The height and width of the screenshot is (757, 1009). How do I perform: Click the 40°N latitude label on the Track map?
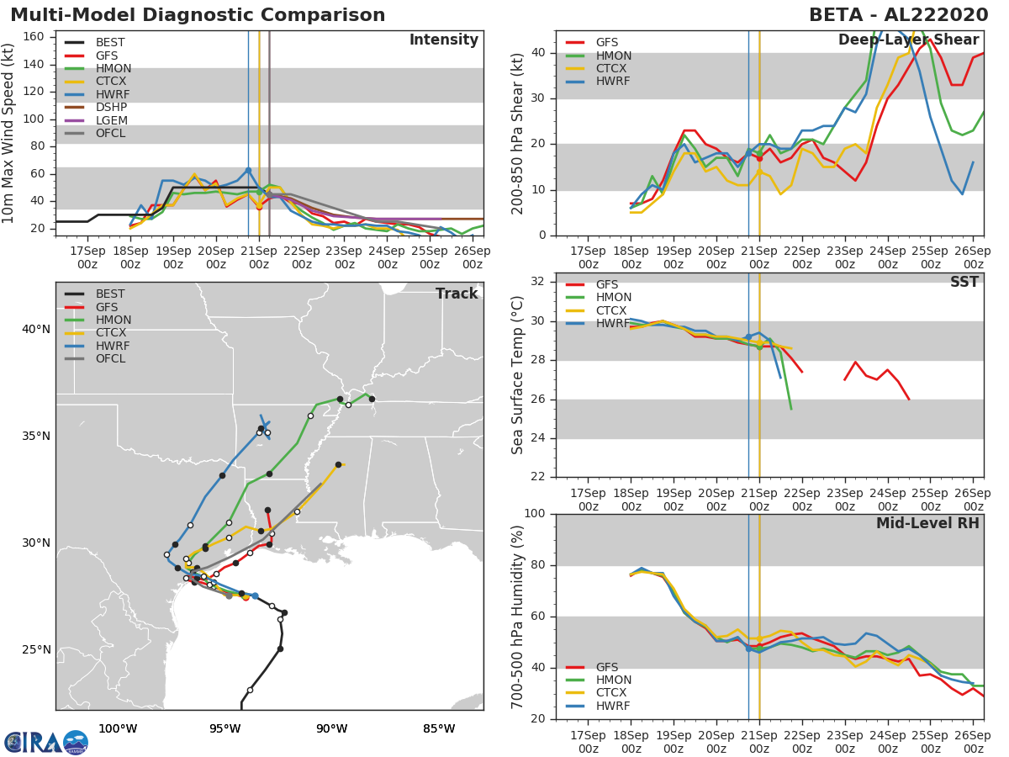coord(36,329)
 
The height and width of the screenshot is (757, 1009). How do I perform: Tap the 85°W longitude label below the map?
coord(439,728)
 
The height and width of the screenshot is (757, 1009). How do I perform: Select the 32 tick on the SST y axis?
coord(538,281)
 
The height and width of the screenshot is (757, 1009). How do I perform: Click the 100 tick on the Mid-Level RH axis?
coord(535,513)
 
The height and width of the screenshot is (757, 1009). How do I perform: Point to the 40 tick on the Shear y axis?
coord(538,52)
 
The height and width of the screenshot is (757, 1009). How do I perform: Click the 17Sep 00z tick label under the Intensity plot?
coord(87,257)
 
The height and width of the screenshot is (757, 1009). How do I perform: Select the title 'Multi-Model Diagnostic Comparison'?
coord(198,14)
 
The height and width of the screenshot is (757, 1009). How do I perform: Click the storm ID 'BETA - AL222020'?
coord(898,14)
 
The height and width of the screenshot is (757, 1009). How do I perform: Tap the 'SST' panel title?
coord(964,282)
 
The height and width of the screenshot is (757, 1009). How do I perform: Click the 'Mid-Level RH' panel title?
coord(927,523)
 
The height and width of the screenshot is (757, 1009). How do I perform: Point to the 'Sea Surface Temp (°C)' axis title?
coord(517,375)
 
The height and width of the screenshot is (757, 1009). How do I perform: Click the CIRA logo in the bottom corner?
coord(46,743)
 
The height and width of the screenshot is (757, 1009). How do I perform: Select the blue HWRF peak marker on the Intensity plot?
coord(248,171)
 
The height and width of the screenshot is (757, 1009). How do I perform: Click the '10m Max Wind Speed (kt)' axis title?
coord(8,133)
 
